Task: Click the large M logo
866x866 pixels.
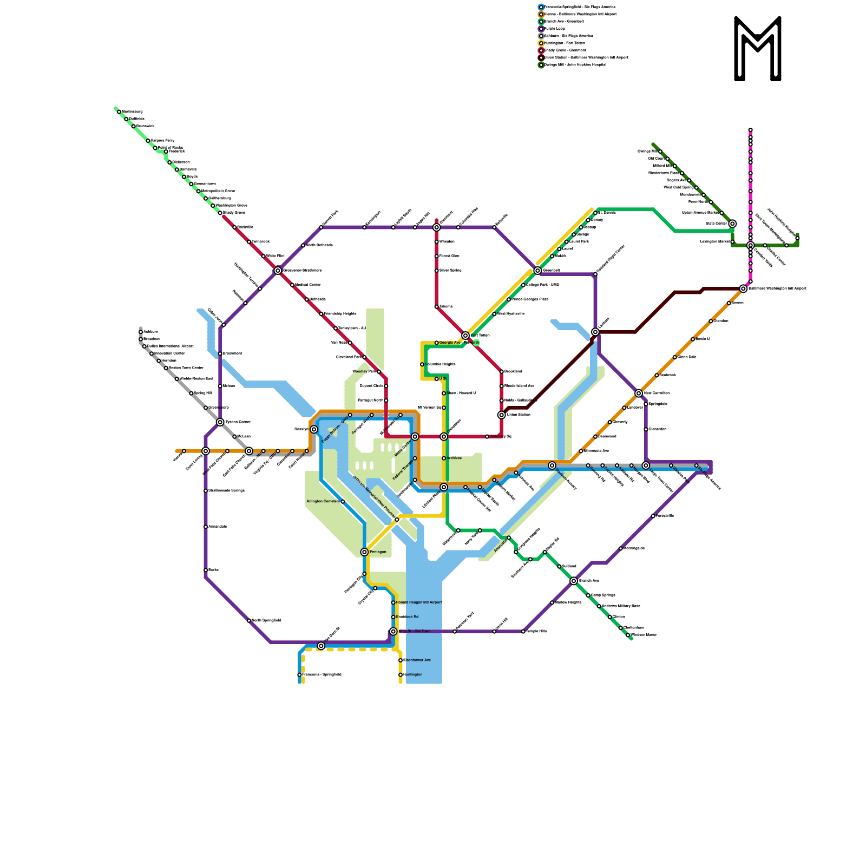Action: click(758, 49)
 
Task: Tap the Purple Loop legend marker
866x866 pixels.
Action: click(541, 29)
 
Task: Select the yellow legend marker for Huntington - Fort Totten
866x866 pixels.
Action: click(541, 43)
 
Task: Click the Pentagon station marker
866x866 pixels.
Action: click(364, 552)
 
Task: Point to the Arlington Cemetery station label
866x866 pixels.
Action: click(323, 502)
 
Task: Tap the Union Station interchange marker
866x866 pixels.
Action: click(502, 415)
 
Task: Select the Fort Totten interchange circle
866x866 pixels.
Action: click(465, 336)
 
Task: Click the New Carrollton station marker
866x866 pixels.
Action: click(639, 393)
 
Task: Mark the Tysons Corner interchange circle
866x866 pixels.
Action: click(220, 422)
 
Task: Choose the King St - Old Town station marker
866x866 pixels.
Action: click(393, 632)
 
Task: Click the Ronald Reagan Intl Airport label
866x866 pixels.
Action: click(419, 602)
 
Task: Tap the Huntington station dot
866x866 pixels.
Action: click(401, 675)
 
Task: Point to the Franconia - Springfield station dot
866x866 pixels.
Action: click(299, 675)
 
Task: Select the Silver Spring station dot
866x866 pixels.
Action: click(436, 271)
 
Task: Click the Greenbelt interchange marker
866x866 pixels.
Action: click(537, 271)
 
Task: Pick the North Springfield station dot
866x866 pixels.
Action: click(249, 621)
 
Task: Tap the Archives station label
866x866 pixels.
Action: click(454, 458)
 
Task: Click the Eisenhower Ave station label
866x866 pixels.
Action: click(417, 660)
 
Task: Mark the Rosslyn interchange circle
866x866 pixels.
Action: click(314, 429)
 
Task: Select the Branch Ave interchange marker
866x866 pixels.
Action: click(574, 581)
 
